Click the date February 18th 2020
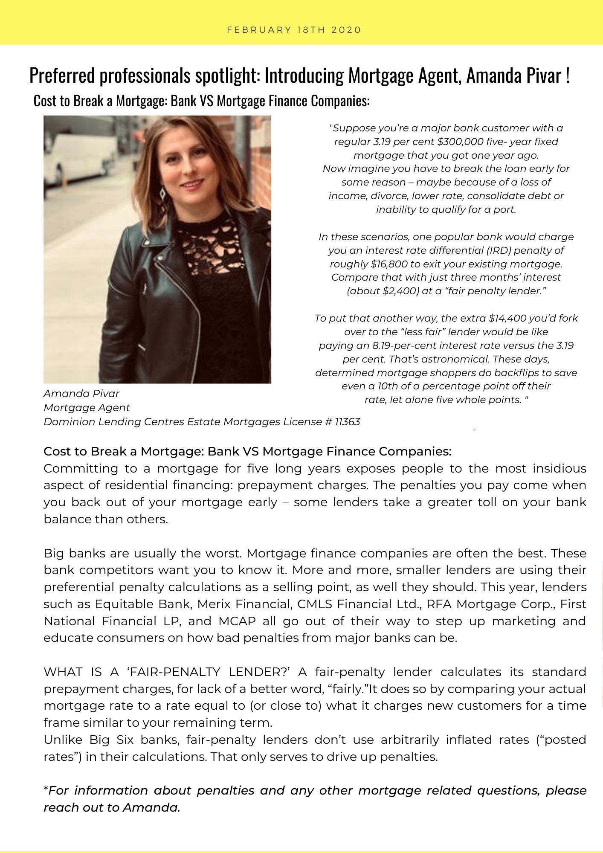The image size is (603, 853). [294, 30]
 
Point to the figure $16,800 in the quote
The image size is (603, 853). [389, 264]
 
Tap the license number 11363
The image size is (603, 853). [347, 422]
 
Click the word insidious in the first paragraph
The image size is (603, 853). [560, 469]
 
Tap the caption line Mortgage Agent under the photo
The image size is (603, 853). [87, 408]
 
